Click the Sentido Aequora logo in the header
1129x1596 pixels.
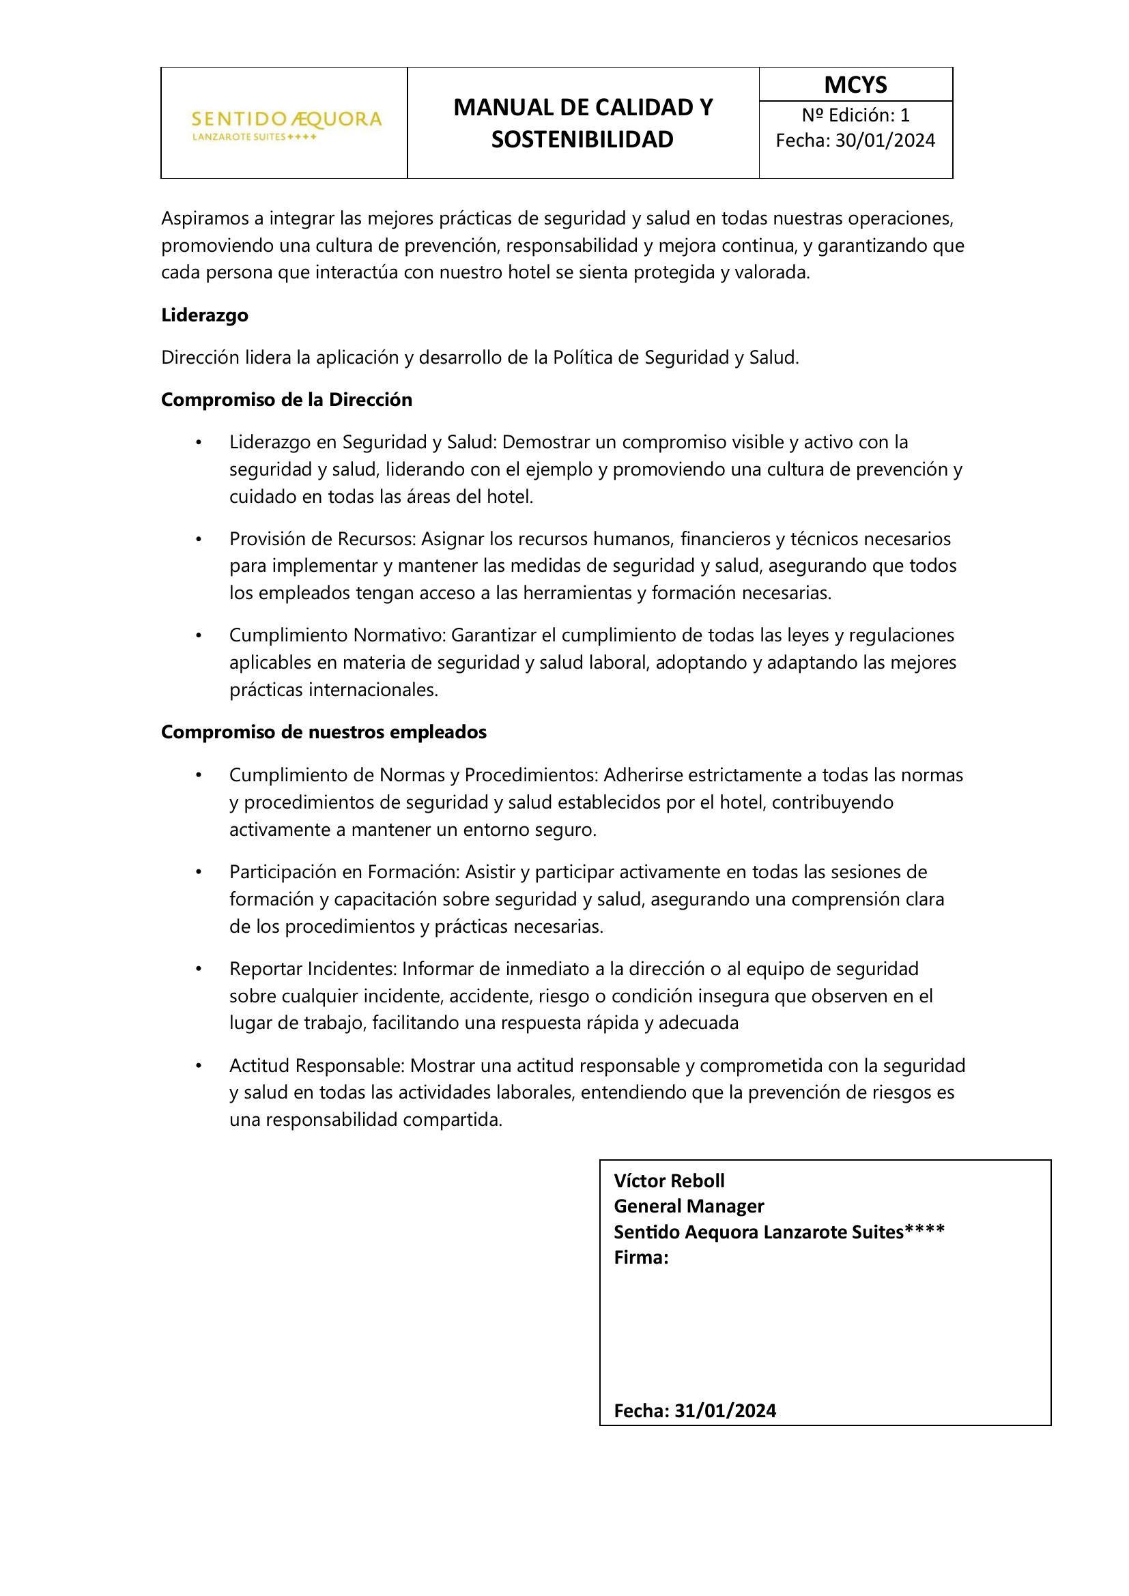286,124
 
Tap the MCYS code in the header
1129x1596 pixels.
855,85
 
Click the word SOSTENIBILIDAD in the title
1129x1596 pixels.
582,140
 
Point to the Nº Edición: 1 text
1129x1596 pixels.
855,115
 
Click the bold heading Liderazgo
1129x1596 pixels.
204,316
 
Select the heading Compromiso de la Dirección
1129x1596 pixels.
287,401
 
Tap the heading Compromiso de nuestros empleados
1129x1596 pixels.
324,733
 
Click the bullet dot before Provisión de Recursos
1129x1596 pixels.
198,540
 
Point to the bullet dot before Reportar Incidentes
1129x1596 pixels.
198,969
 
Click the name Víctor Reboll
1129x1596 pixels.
669,1181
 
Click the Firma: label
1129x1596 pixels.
640,1258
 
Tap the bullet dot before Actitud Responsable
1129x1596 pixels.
198,1066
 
